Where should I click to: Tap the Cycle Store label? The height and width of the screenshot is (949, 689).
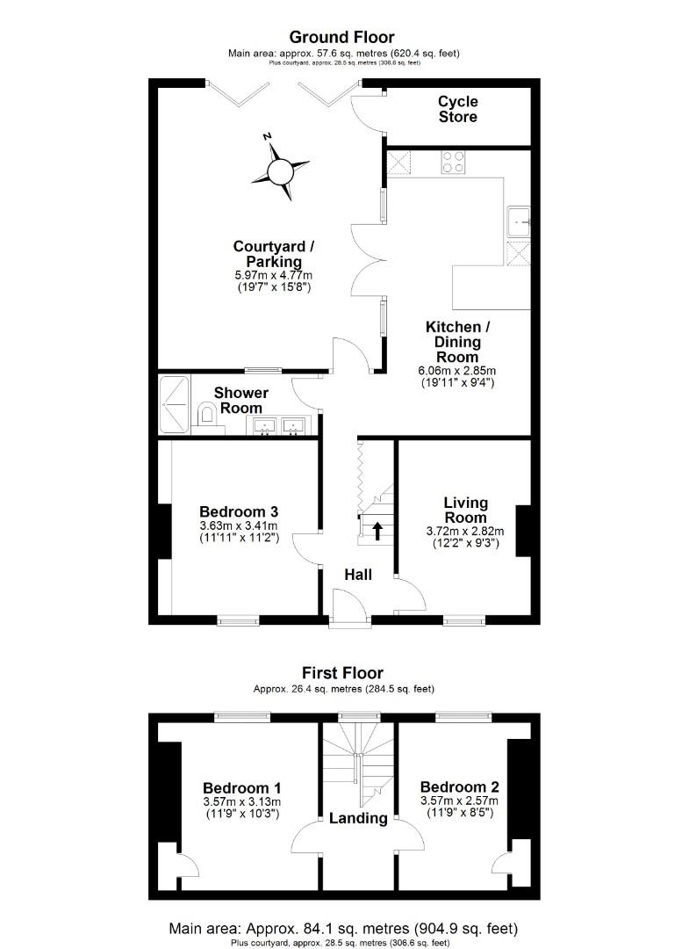click(458, 110)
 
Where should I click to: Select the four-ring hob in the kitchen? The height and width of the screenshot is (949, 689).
click(454, 162)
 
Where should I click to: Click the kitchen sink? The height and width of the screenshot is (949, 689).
click(519, 221)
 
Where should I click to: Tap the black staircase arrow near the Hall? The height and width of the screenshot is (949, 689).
click(377, 531)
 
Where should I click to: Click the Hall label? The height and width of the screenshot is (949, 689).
click(357, 575)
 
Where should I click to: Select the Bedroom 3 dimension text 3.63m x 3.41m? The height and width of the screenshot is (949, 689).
click(238, 525)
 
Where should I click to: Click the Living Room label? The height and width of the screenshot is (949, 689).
click(465, 510)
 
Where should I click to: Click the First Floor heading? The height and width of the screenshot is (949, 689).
click(342, 674)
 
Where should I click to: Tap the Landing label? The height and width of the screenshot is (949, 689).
click(358, 818)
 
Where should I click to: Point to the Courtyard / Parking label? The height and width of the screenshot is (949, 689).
click(274, 254)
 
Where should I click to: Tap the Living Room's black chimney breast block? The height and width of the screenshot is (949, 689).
click(522, 530)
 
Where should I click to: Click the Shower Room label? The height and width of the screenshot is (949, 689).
click(240, 400)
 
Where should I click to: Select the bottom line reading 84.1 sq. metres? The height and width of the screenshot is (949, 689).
click(342, 928)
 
